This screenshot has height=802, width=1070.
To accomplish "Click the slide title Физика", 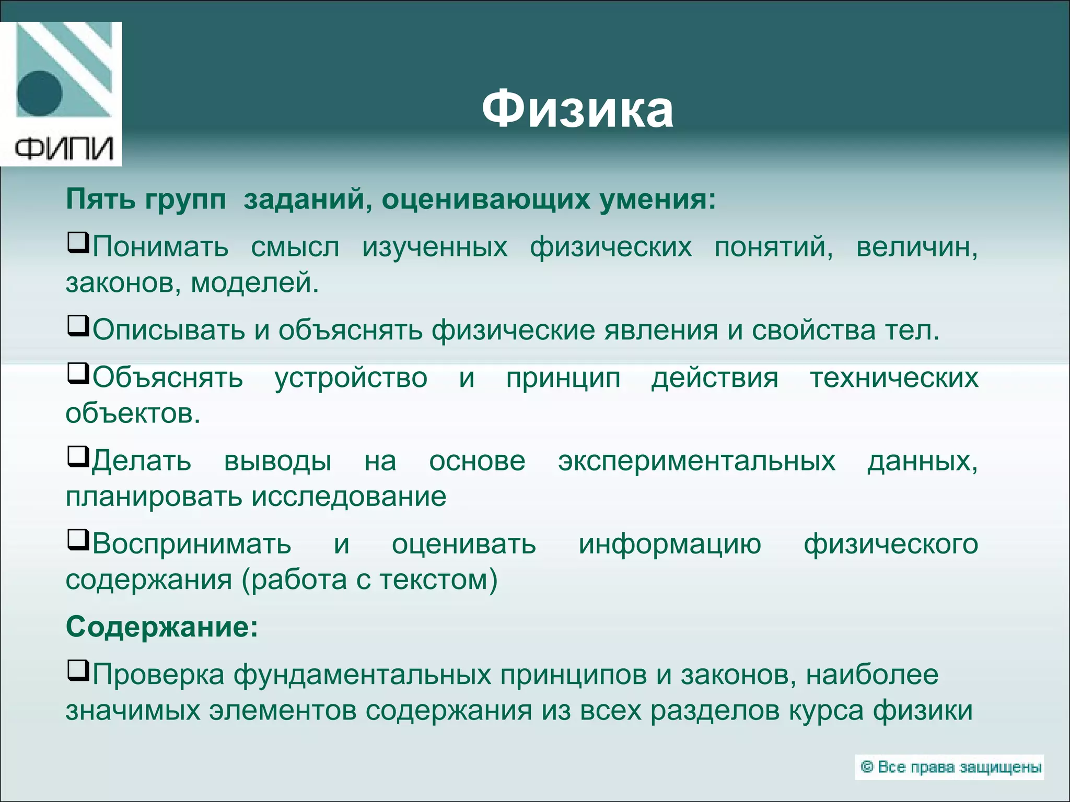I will (577, 111).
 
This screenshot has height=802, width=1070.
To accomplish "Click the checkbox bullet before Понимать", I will (78, 243).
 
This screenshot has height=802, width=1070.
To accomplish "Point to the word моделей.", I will (254, 283).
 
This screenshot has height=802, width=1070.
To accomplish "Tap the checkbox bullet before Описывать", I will (78, 326).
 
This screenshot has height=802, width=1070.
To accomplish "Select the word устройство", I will (351, 378).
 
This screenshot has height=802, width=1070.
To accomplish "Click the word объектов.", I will (133, 414).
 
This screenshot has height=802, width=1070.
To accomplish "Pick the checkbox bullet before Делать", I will (78, 457).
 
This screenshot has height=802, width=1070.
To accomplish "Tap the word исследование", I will (349, 497).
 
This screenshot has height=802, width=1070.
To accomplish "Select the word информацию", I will (670, 545).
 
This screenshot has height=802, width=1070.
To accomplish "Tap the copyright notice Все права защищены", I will (950, 767).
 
